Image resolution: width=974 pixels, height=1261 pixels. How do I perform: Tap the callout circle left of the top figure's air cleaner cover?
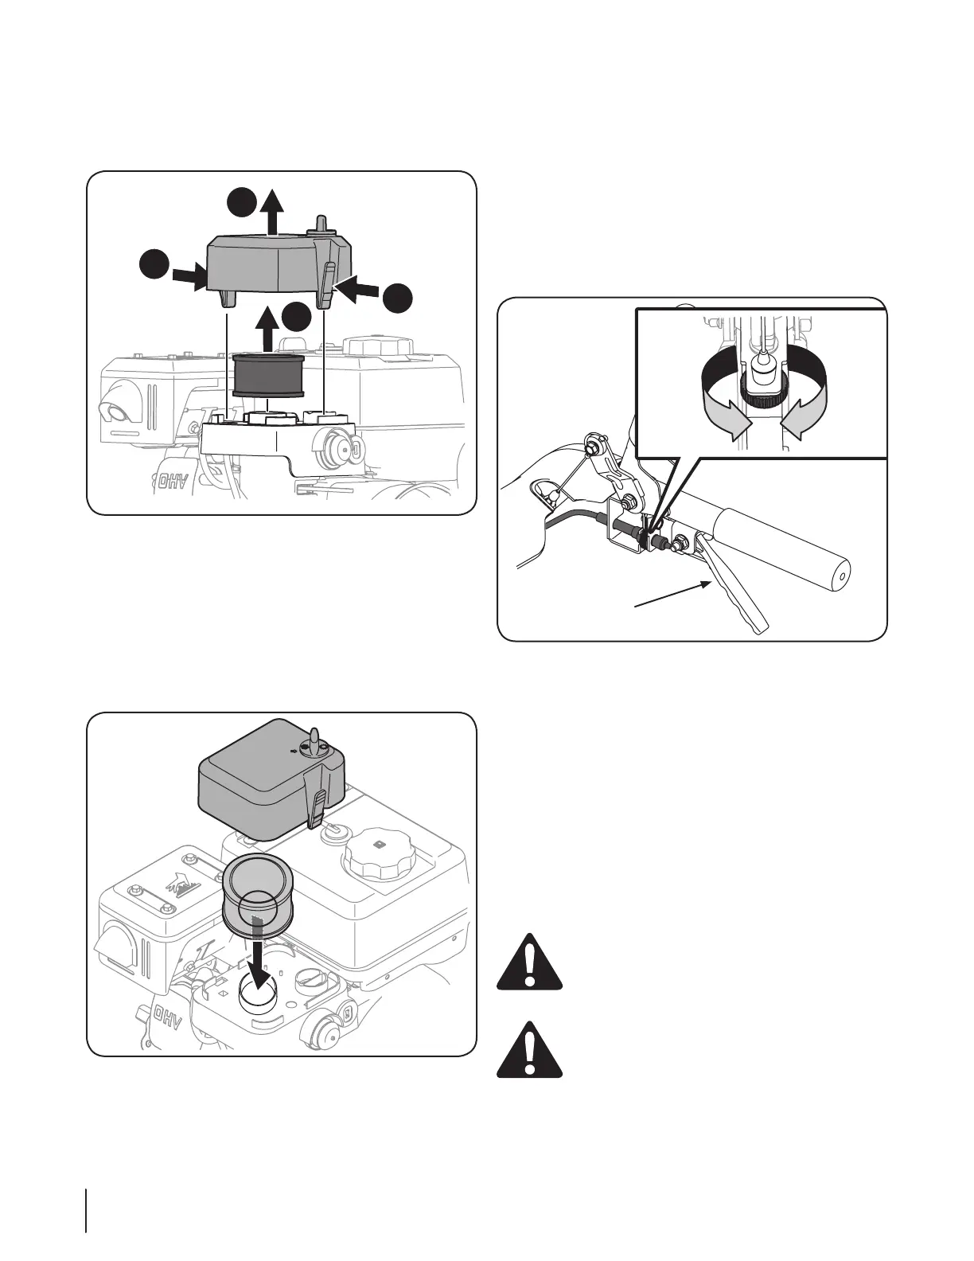[x=154, y=265]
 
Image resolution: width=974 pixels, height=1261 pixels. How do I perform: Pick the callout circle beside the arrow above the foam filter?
[x=296, y=317]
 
